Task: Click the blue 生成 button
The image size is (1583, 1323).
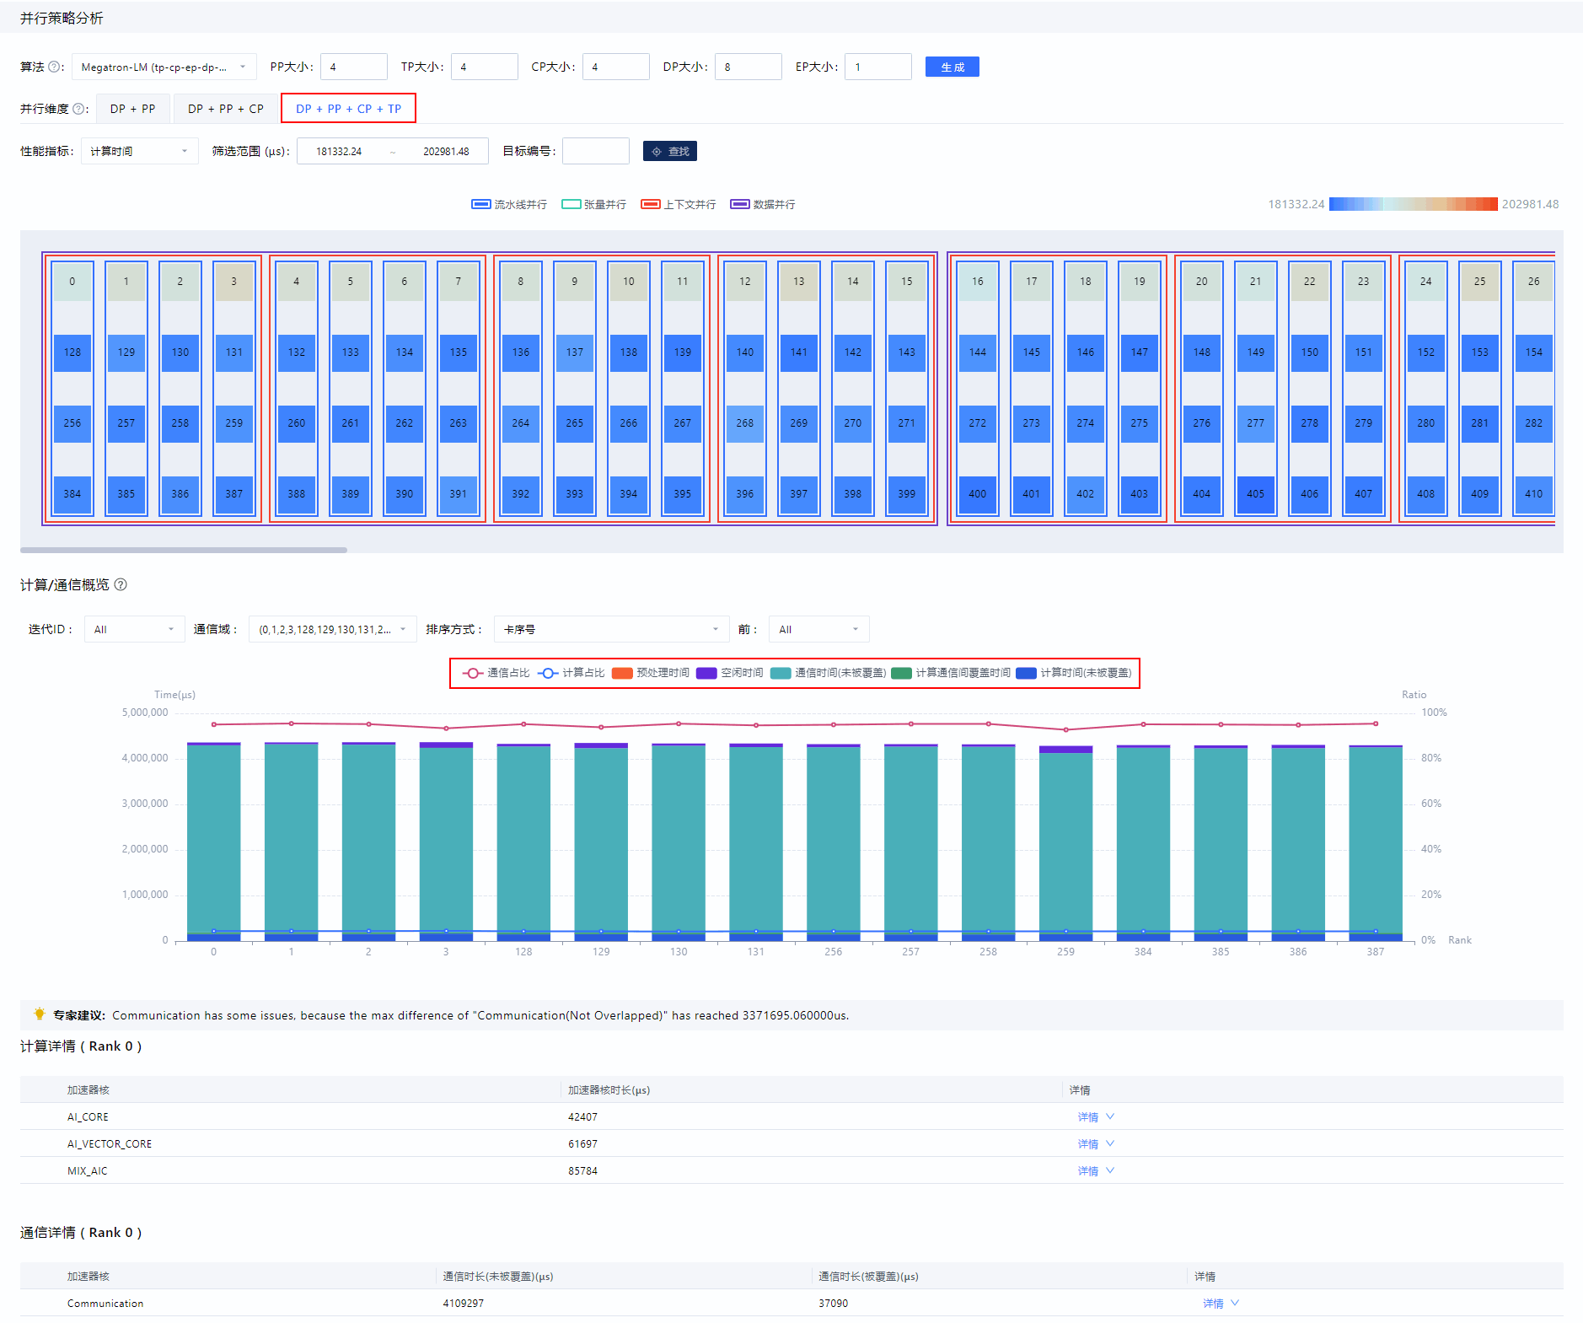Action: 952,67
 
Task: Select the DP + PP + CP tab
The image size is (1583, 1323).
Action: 225,109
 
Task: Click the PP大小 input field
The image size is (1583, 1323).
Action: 354,67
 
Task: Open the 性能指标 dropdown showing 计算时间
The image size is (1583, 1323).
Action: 140,151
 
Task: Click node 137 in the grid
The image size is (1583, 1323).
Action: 575,352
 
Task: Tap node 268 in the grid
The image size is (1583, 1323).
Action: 745,423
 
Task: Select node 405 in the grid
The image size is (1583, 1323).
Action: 1256,494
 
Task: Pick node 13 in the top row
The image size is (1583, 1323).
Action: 799,282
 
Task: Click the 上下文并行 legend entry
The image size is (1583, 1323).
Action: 679,204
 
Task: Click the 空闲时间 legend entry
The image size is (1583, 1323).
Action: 730,673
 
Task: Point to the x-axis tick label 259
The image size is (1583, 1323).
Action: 1065,952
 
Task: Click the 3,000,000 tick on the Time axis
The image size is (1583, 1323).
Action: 145,804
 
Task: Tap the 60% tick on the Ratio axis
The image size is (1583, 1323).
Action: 1431,804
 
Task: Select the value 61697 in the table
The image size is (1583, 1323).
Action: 582,1144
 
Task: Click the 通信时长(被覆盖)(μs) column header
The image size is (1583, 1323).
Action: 868,1277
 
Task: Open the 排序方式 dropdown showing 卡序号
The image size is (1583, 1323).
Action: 612,629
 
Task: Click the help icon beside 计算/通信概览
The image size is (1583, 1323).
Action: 121,584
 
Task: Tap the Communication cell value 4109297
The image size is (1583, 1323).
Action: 464,1304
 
